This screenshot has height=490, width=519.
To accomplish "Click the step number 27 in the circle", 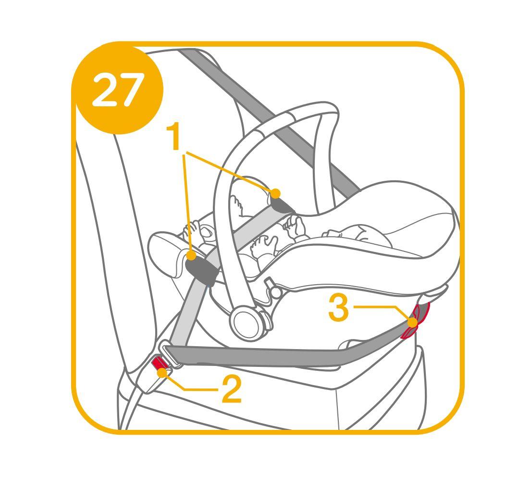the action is click(118, 89).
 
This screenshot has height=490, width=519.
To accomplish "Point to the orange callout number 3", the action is click(339, 308).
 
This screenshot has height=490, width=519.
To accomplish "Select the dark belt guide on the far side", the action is click(281, 204).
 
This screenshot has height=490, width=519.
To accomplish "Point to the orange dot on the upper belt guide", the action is click(275, 193).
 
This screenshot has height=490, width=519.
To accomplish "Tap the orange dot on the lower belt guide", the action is click(191, 256).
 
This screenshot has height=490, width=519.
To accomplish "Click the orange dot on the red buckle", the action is click(162, 373).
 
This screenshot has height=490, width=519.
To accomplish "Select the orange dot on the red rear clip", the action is click(412, 322).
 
